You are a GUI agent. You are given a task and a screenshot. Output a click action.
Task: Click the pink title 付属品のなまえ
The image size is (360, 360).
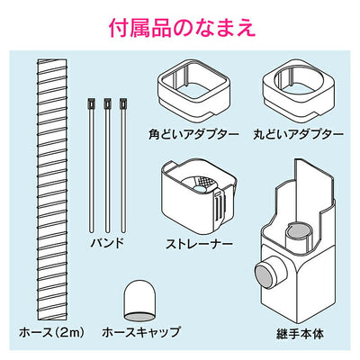coord(179,25)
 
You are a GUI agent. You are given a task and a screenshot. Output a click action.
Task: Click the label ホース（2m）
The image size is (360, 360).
coord(46,332)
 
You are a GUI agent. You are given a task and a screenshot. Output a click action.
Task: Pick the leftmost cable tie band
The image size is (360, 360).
coord(93,162)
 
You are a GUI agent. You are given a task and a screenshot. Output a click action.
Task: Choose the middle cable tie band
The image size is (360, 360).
coord(107,162)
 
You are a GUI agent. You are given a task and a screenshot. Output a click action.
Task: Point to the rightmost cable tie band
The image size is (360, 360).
coord(121,162)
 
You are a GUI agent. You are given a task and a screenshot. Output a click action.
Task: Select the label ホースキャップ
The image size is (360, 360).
coord(142,332)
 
